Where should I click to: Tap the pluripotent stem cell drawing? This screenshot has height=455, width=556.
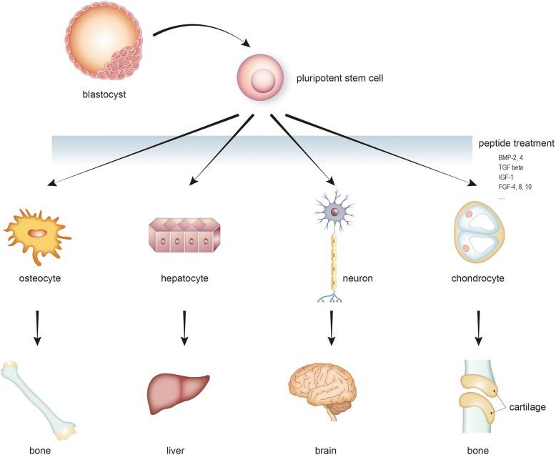(266, 78)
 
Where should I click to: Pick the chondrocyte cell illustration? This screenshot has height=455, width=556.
(479, 232)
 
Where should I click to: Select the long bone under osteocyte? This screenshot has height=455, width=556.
(39, 398)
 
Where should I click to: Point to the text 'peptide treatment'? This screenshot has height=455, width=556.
(515, 143)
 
